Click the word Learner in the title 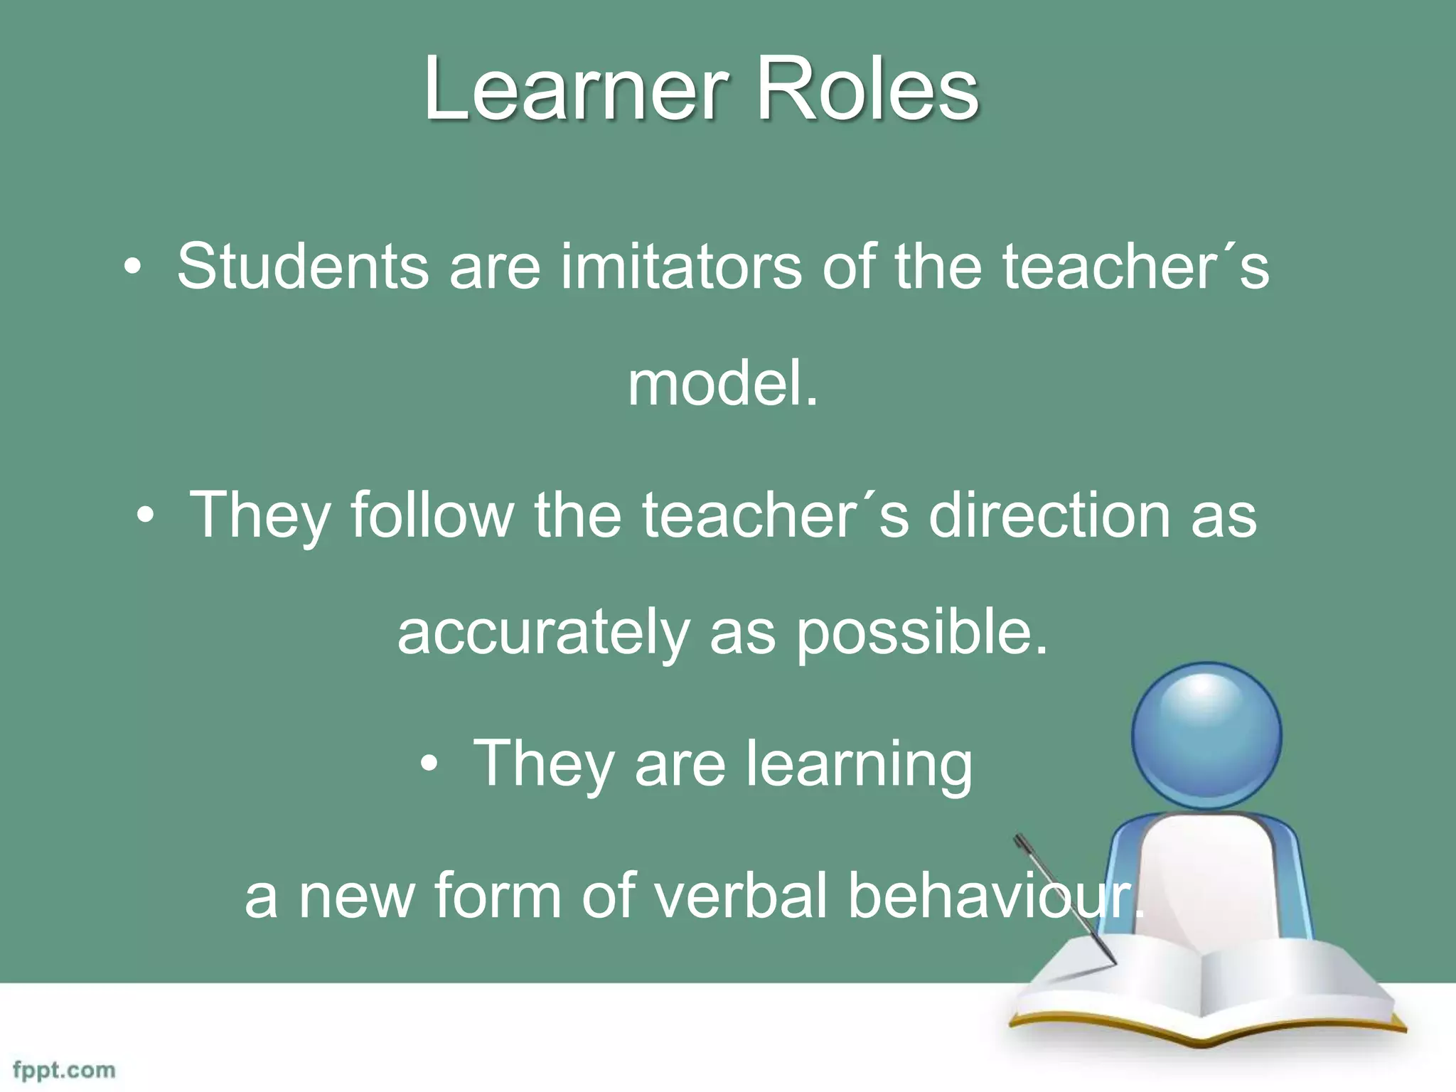(576, 91)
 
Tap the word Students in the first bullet (303, 267)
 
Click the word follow (432, 515)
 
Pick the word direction (1049, 515)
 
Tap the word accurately (543, 633)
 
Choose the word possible (921, 633)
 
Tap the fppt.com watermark (64, 1070)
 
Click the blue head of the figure (1206, 735)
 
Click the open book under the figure (1201, 995)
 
